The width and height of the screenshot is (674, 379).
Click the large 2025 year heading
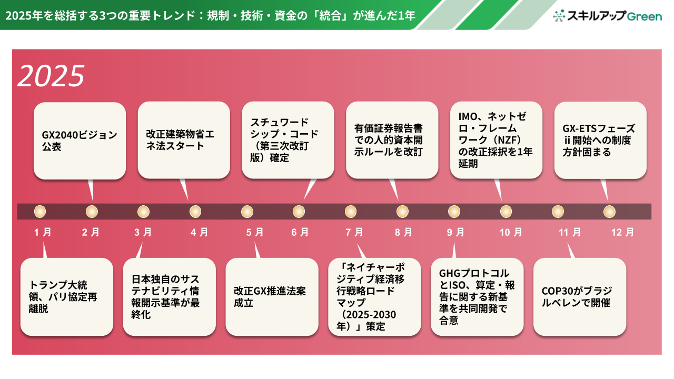pos(51,76)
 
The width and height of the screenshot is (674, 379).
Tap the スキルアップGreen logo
pos(608,16)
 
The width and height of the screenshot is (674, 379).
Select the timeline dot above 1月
pos(40,212)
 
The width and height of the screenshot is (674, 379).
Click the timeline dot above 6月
pos(299,212)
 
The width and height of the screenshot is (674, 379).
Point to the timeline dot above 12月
pos(609,212)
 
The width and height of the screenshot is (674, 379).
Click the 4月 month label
pos(200,232)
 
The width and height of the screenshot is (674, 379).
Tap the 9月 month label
pos(457,232)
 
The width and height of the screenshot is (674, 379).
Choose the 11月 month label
pos(569,232)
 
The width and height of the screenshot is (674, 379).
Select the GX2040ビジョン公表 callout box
pos(80,141)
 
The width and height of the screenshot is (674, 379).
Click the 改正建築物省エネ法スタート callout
pos(184,141)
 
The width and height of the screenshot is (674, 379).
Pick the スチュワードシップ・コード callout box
pos(288,141)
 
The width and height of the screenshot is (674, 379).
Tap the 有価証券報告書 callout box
pos(392,141)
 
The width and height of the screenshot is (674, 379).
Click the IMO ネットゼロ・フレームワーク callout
pos(496,141)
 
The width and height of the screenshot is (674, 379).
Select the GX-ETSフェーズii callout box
pos(600,141)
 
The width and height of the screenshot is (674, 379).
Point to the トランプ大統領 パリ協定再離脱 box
pos(66,297)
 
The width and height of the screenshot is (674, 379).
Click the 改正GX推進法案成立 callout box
pos(272,297)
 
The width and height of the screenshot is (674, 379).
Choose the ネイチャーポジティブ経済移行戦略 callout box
pos(374,297)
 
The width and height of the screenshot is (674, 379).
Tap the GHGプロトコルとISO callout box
pos(477,297)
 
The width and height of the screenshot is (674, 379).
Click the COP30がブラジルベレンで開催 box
pos(580,297)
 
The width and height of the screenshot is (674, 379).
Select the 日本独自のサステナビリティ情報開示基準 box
pos(169,297)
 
